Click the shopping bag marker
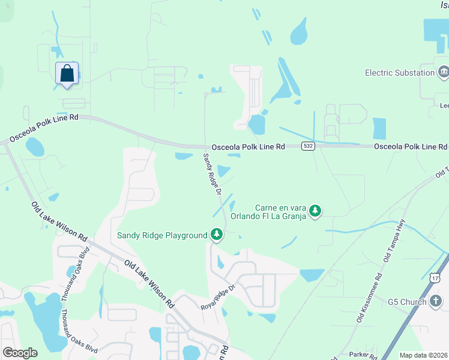coord(67,73)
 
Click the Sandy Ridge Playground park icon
coord(216,235)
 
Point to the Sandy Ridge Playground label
coord(162,235)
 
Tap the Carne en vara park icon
coord(315,211)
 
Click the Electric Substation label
coord(400,73)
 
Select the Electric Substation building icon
coord(444,73)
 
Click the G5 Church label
coord(407,301)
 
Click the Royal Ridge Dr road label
coord(221,298)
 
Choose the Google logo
coord(20,353)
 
